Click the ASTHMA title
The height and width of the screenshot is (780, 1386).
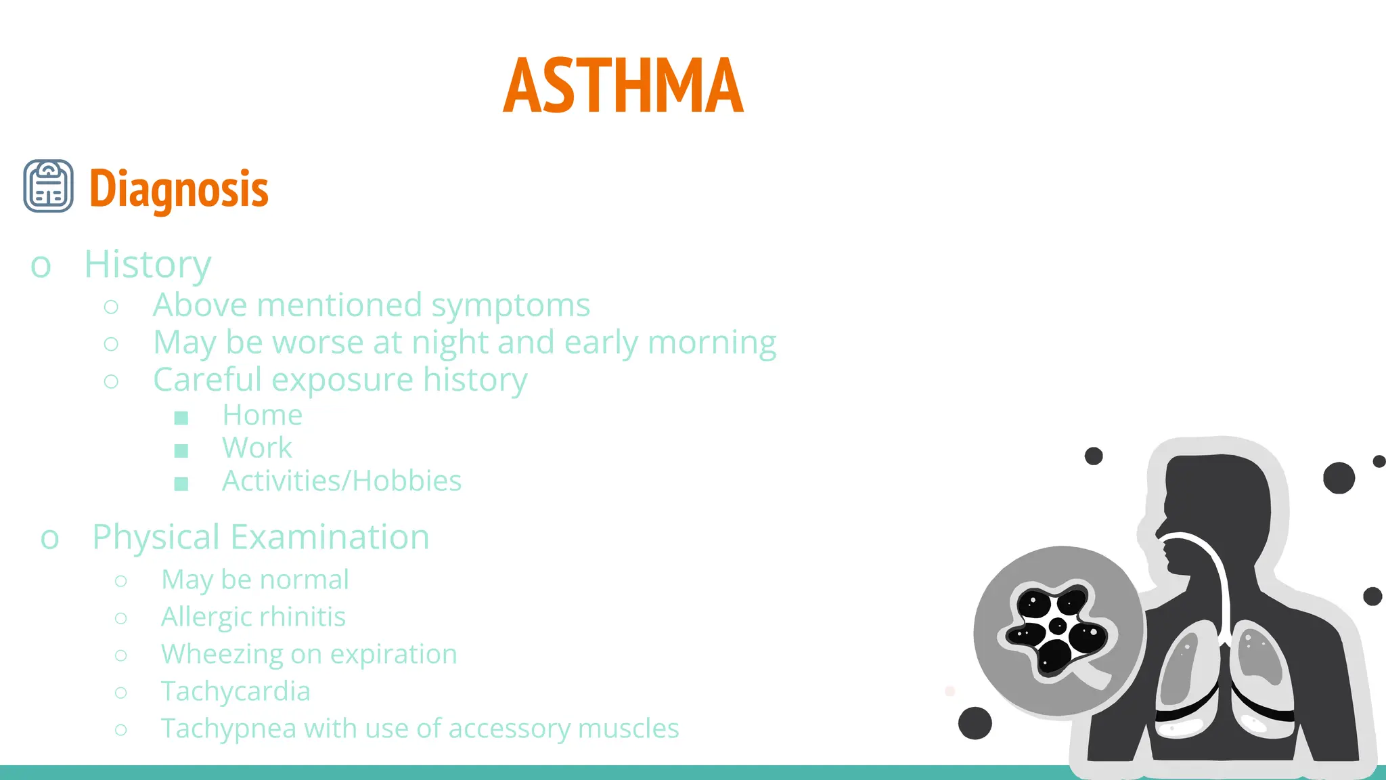pyautogui.click(x=623, y=86)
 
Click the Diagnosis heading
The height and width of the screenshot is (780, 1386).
pyautogui.click(x=179, y=189)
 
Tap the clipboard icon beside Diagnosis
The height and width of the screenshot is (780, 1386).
pyautogui.click(x=49, y=186)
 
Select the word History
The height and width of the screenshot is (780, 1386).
pyautogui.click(x=148, y=264)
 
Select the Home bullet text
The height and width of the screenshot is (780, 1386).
pyautogui.click(x=262, y=415)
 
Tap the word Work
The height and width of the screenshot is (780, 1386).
pyautogui.click(x=257, y=448)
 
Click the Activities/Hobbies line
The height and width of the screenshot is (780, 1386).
pyautogui.click(x=342, y=481)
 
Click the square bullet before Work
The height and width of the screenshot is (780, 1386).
pyautogui.click(x=181, y=451)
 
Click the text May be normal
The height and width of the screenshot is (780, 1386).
pyautogui.click(x=255, y=580)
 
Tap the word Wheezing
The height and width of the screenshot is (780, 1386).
pyautogui.click(x=221, y=655)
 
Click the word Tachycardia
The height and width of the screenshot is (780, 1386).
pyautogui.click(x=236, y=692)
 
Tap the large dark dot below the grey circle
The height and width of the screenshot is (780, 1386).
pyautogui.click(x=975, y=723)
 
